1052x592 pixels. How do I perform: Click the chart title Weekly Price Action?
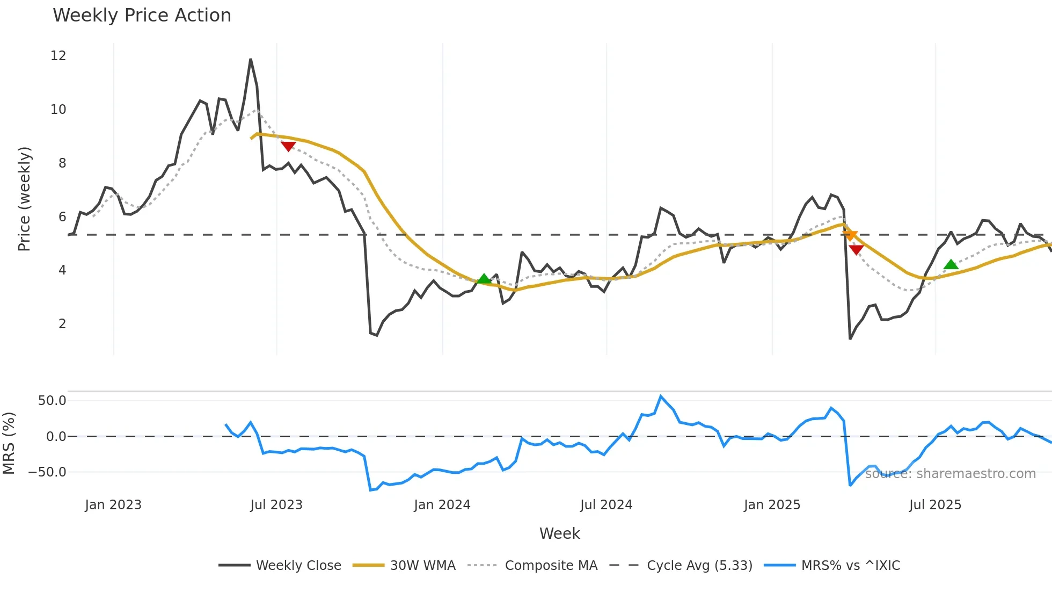click(142, 16)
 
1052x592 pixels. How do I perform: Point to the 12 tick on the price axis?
click(59, 56)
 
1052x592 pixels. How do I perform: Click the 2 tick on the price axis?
click(62, 324)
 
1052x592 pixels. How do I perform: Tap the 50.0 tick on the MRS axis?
click(52, 401)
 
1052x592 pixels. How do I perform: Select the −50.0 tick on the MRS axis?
click(47, 472)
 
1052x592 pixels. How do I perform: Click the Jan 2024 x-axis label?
click(442, 505)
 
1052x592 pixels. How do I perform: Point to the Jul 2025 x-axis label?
click(935, 505)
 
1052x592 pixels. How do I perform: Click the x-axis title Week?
click(559, 533)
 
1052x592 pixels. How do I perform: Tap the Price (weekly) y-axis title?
click(24, 199)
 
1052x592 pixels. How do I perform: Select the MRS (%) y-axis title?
click(9, 443)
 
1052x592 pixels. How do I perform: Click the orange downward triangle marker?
click(850, 235)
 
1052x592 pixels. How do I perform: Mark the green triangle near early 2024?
click(484, 279)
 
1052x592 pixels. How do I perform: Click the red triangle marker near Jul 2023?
click(288, 146)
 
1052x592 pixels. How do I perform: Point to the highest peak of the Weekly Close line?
click(251, 60)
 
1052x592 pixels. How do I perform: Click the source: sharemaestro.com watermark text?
click(950, 474)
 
